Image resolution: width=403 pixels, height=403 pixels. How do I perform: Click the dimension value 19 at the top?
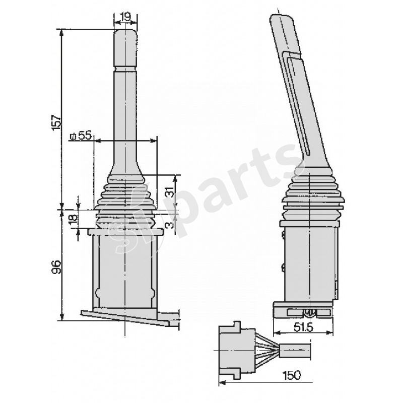click(x=125, y=17)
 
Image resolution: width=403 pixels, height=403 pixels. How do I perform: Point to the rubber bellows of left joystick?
click(x=125, y=201)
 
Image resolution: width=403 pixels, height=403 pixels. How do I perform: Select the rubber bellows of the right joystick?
click(x=312, y=196)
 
